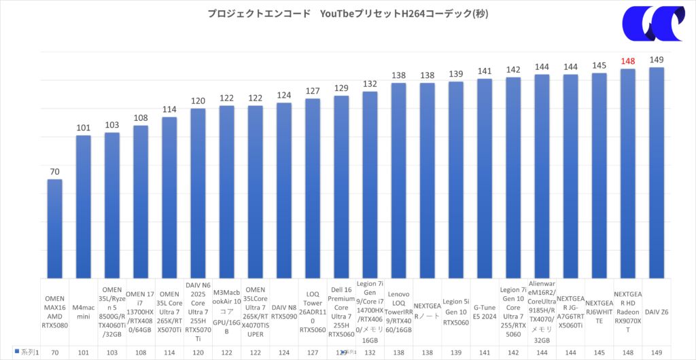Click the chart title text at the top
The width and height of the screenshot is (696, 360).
click(x=347, y=14)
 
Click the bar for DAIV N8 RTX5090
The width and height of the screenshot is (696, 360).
click(x=284, y=190)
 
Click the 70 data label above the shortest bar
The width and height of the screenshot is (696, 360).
click(x=54, y=172)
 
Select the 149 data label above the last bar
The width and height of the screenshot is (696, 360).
click(x=657, y=60)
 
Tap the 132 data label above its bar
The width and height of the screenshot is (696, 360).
click(x=370, y=84)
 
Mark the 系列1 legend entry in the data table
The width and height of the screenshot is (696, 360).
click(x=26, y=353)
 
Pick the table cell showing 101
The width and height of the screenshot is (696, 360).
click(x=83, y=353)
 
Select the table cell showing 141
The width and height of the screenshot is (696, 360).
click(x=485, y=353)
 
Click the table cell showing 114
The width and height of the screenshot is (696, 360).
click(x=169, y=353)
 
